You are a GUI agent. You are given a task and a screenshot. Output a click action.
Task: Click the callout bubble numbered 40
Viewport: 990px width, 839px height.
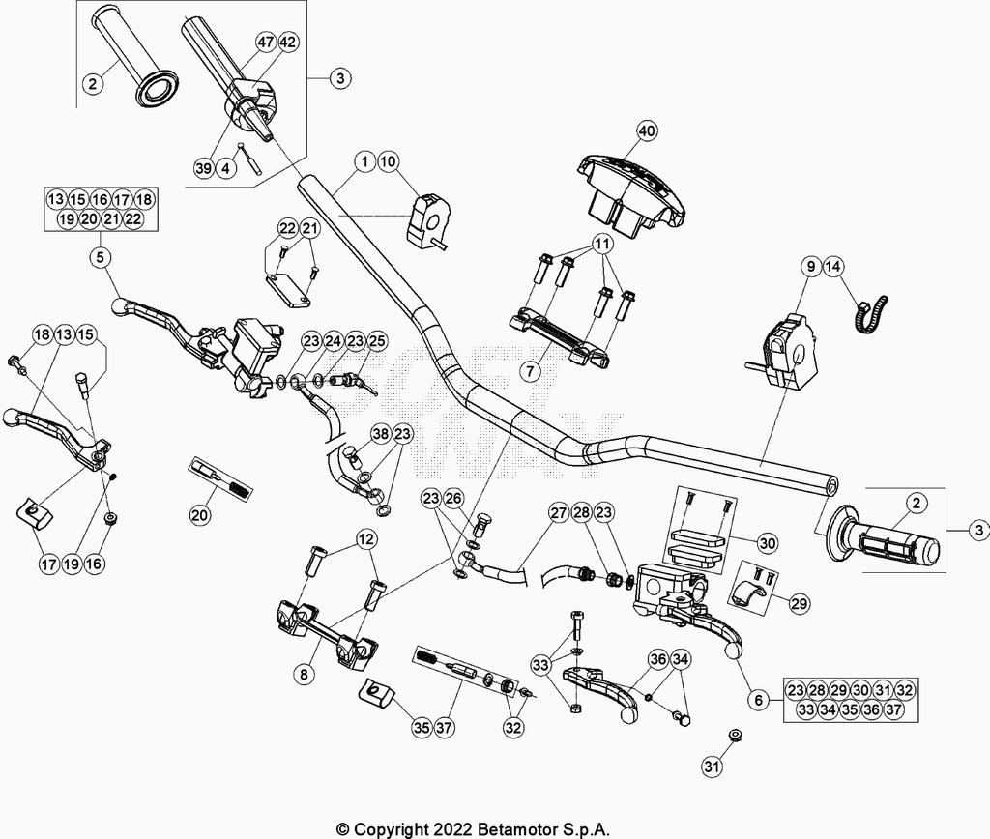click(x=647, y=130)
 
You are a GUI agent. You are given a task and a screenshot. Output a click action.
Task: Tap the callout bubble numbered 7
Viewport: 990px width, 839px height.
click(x=529, y=371)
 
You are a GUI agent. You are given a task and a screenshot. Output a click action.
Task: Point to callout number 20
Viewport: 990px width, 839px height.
click(x=199, y=515)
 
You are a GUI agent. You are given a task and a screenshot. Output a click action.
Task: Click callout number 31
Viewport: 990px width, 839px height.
click(x=712, y=768)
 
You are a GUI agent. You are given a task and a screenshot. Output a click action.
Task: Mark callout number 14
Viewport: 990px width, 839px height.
click(x=833, y=266)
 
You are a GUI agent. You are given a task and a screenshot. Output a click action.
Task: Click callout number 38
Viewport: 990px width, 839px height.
click(x=381, y=434)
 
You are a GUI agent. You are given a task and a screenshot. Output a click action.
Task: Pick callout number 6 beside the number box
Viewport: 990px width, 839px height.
click(x=759, y=699)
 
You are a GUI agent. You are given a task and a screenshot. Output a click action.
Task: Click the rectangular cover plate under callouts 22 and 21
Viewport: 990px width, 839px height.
click(x=288, y=291)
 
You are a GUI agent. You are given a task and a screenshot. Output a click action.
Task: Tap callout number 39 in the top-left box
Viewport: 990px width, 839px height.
click(x=203, y=167)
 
